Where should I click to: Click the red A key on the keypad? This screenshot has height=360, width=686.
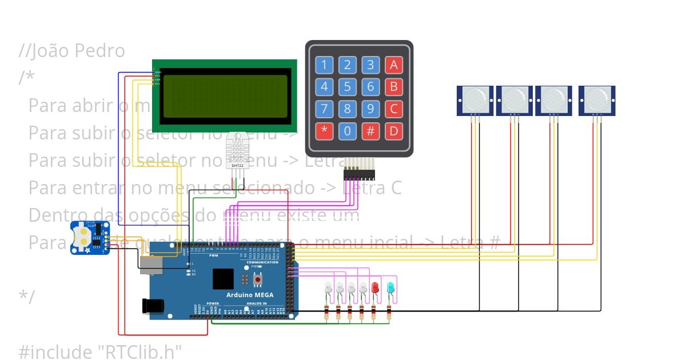[393, 65]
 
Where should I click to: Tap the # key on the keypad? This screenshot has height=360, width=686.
[370, 131]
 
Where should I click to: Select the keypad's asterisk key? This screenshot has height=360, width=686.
[324, 131]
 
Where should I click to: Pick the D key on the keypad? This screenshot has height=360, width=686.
[393, 131]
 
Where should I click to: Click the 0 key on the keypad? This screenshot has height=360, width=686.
[347, 131]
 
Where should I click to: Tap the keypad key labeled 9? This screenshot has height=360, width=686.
[370, 109]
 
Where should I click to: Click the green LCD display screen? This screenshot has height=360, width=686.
[224, 95]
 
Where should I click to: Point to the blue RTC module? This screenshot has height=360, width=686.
[90, 238]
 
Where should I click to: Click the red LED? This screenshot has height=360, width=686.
[375, 287]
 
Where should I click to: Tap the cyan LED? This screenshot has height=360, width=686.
[390, 287]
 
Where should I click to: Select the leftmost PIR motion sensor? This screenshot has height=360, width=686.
[475, 100]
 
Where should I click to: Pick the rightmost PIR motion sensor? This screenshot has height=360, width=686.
[596, 100]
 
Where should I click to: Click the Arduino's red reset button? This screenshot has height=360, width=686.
[257, 279]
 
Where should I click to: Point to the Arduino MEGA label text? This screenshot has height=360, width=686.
[249, 295]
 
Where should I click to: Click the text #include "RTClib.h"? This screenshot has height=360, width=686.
[100, 351]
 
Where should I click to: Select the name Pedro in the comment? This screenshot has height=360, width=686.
[102, 51]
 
